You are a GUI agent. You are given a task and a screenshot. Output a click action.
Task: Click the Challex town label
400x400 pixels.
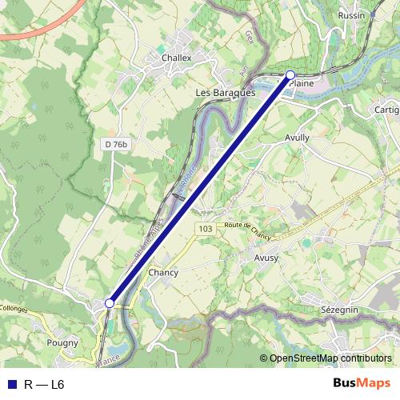(x=177, y=58)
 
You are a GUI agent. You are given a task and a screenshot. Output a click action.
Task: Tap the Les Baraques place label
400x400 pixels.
(x=225, y=93)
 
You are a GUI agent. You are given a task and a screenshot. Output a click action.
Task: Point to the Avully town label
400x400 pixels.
(x=297, y=138)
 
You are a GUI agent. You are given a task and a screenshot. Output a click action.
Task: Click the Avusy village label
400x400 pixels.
(x=266, y=259)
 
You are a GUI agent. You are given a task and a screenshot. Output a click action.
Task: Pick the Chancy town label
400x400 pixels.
(x=163, y=273)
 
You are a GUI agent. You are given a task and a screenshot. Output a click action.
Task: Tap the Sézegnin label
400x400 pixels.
(x=339, y=309)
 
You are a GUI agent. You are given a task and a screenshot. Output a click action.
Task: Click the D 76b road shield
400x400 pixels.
(x=116, y=144)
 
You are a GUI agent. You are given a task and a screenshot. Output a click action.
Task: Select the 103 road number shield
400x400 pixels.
(x=206, y=229)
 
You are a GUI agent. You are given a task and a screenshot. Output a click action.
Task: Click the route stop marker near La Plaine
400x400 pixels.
(x=290, y=75)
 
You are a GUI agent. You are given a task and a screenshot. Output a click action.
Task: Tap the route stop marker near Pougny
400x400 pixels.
(x=109, y=303)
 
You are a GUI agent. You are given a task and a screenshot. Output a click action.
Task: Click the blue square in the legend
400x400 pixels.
(x=11, y=385)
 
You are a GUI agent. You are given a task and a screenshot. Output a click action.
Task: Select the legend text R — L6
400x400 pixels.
(x=44, y=385)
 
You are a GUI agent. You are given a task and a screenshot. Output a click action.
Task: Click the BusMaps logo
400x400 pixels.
(x=362, y=383)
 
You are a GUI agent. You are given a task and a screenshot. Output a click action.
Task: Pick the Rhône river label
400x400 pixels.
(x=185, y=192)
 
